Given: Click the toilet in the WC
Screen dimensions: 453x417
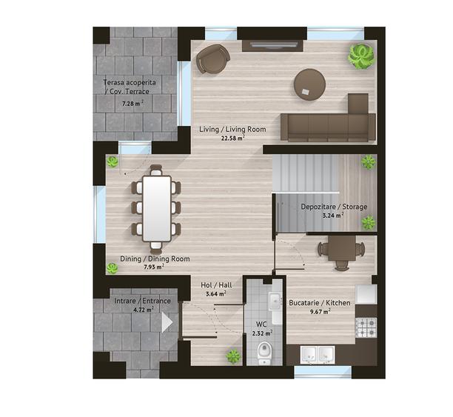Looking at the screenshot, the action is [264, 353].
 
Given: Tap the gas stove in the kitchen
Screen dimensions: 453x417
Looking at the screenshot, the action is [366, 327].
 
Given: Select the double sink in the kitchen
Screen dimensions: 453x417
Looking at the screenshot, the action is [318, 355].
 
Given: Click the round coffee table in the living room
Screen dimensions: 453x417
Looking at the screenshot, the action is [309, 84].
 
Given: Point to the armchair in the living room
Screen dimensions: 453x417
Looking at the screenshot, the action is [212, 59].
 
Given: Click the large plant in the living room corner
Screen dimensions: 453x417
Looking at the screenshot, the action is [361, 56].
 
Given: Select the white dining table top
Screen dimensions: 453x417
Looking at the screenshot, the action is [157, 208].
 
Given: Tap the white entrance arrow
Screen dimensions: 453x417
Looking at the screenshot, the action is [167, 322].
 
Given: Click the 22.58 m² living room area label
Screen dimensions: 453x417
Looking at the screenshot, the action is [233, 139].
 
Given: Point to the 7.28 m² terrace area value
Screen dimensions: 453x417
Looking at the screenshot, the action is [132, 103].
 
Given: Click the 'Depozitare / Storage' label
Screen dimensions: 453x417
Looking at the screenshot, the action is [334, 207].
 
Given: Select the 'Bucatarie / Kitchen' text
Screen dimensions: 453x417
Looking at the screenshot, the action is [320, 303].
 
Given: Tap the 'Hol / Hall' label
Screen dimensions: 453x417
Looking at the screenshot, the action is [216, 285].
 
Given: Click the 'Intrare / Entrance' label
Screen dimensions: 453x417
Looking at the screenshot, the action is [142, 301].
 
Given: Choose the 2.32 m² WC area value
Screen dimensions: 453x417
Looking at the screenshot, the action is [262, 333].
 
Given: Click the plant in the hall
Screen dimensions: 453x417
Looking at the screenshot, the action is [233, 356].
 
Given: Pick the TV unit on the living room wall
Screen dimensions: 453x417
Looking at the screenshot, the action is [272, 45].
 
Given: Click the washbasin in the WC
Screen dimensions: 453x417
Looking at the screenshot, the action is [275, 301].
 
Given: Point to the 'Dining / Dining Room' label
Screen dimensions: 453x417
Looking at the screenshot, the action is [155, 258].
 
